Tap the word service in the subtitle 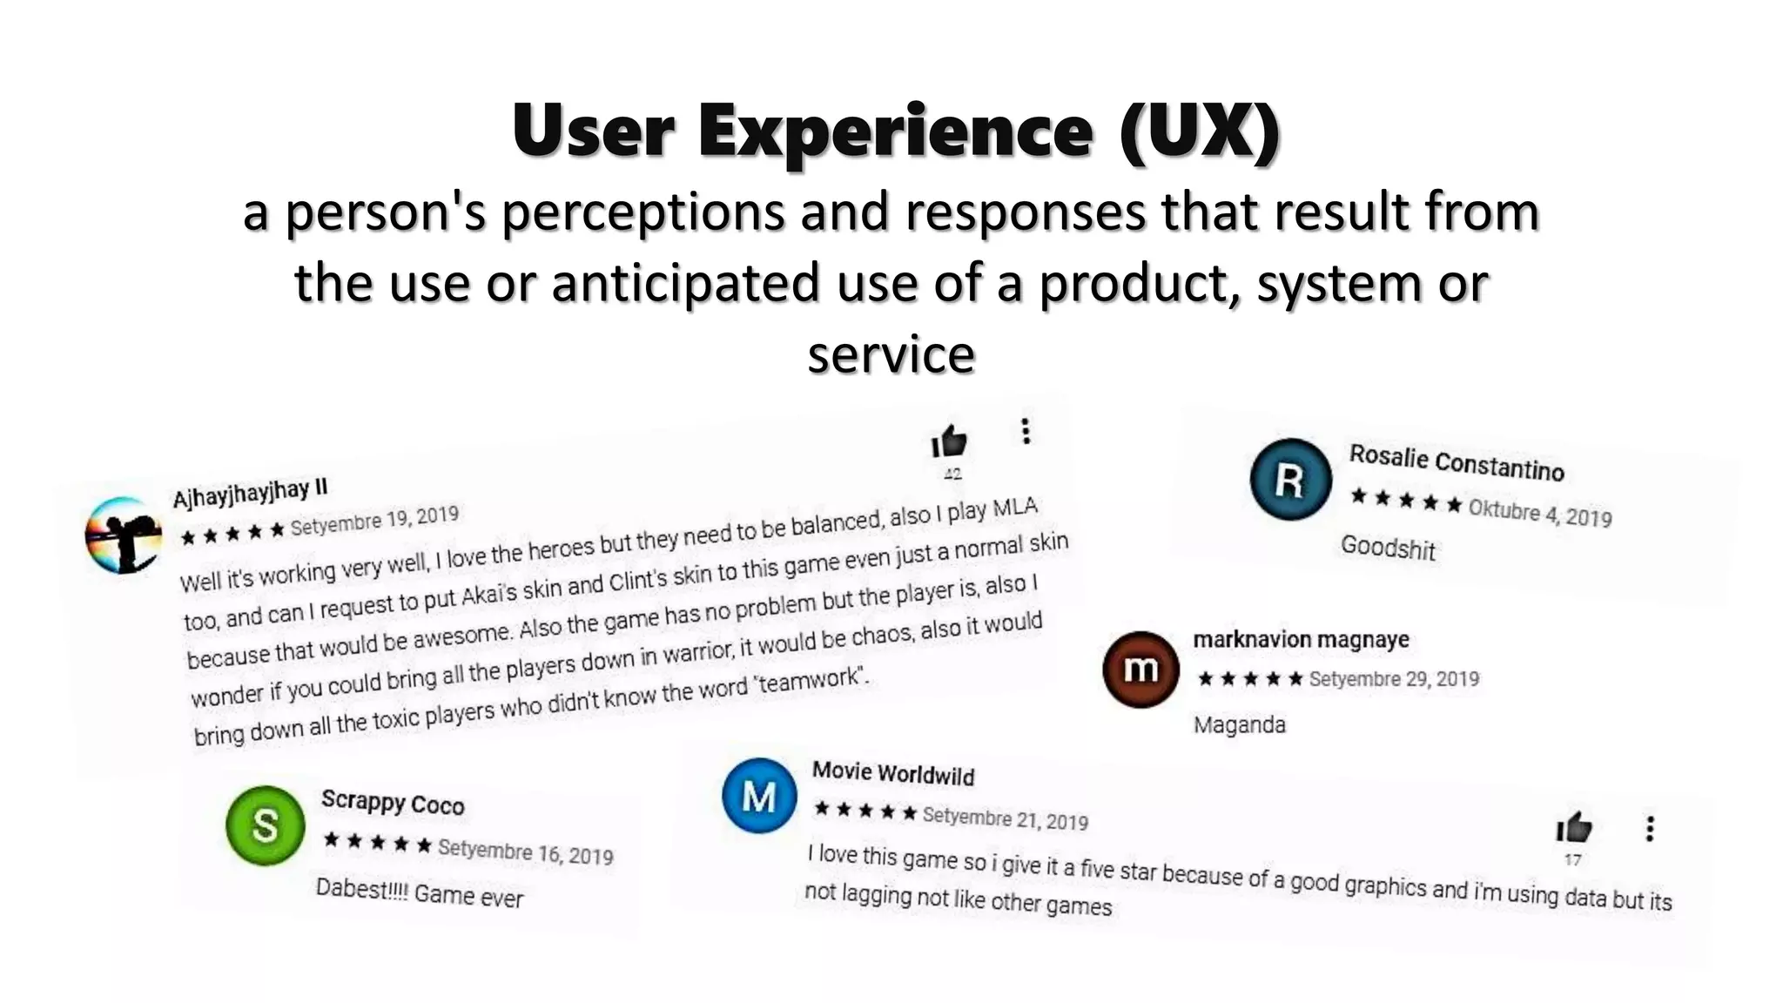[x=891, y=354]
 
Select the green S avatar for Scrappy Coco [x=265, y=825]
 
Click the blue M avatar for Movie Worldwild [x=759, y=796]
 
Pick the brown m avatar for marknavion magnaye [x=1140, y=669]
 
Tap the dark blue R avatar [x=1290, y=480]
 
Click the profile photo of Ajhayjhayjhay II [x=124, y=535]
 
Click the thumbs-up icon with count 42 [x=949, y=441]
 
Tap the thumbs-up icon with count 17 [x=1574, y=828]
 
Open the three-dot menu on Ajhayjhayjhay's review [x=1026, y=431]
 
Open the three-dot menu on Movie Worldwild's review [x=1649, y=828]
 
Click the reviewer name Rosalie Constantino [x=1457, y=462]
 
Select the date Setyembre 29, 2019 [x=1394, y=678]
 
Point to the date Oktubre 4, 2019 [x=1539, y=513]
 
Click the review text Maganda [x=1239, y=724]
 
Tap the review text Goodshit [x=1388, y=548]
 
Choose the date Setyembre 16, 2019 [x=525, y=851]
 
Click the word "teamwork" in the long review [x=811, y=680]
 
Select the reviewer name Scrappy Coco [x=393, y=802]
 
